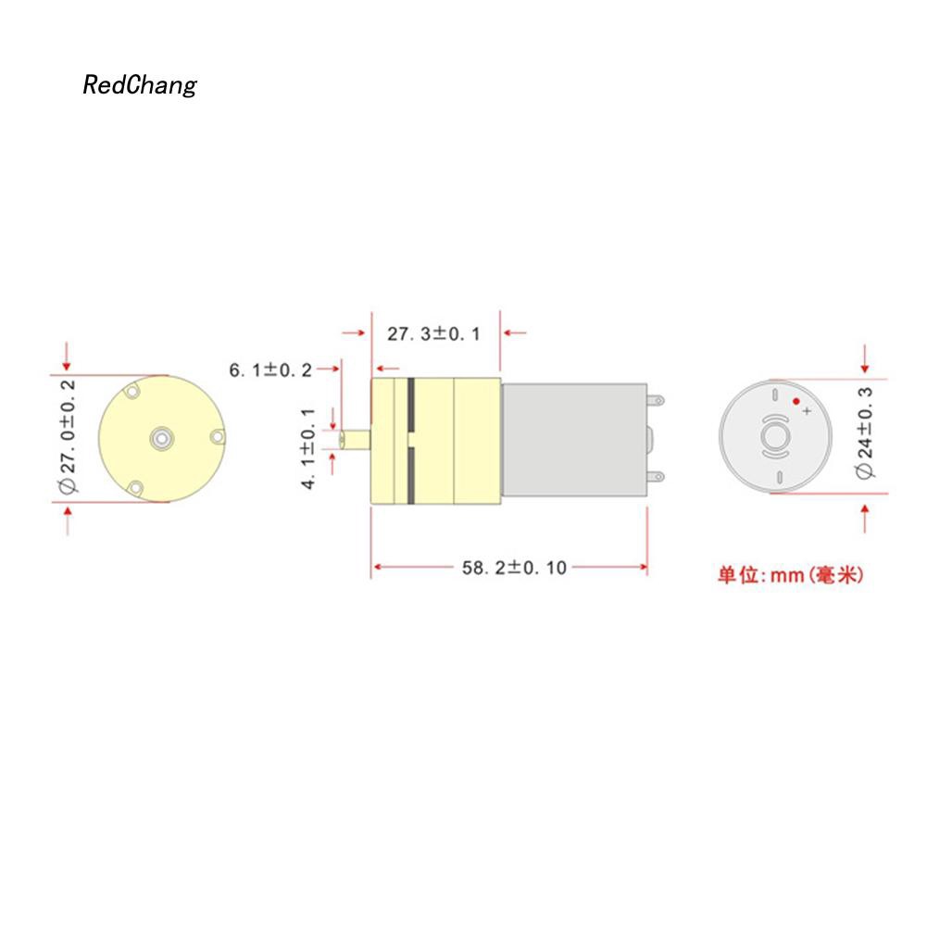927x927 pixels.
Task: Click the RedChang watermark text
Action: (x=140, y=86)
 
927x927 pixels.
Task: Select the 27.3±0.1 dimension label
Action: (x=433, y=333)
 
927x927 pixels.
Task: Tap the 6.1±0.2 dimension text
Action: (x=271, y=370)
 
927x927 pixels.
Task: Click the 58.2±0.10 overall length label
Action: (x=513, y=568)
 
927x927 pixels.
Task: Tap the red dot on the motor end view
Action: (x=795, y=401)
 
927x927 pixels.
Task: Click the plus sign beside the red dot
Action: (x=807, y=410)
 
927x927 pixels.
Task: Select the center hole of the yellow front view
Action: (x=163, y=436)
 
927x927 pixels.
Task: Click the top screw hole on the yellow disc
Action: (x=134, y=393)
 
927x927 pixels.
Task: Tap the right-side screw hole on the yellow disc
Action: (x=217, y=436)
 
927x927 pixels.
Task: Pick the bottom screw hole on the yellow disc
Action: (x=135, y=487)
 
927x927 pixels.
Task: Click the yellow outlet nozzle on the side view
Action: (x=356, y=439)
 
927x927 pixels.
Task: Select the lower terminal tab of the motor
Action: (x=657, y=475)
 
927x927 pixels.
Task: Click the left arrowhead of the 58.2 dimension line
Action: (x=377, y=568)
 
